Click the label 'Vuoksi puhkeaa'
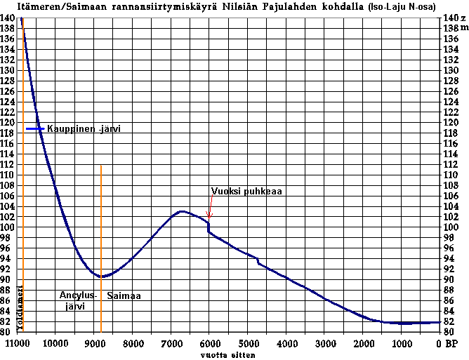click(x=246, y=191)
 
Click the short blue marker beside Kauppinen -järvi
click(x=35, y=129)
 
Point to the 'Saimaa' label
click(x=124, y=296)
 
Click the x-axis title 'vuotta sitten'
click(x=226, y=355)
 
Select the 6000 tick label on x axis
click(x=209, y=344)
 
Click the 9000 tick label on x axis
click(x=94, y=344)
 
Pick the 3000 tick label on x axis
click(x=325, y=344)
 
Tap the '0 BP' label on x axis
click(x=446, y=344)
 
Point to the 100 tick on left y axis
click(x=8, y=227)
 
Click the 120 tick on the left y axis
click(x=8, y=122)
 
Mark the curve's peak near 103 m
click(x=183, y=211)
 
